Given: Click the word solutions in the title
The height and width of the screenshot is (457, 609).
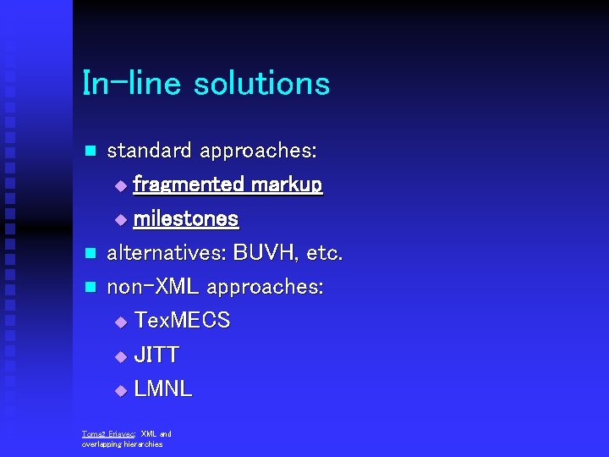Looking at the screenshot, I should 261,84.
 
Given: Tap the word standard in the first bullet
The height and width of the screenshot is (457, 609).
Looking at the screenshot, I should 150,151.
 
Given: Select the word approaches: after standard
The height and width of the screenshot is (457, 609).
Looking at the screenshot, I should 259,151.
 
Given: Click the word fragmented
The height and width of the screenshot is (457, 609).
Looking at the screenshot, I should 189,184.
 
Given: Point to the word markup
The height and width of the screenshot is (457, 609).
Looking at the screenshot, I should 287,184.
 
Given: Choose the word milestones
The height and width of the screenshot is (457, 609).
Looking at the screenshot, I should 186,219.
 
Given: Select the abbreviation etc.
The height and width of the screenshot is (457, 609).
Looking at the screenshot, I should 325,253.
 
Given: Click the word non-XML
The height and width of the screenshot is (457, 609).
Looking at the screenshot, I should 153,287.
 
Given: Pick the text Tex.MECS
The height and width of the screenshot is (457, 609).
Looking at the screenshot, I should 183,321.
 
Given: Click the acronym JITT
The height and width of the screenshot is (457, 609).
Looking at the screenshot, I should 156,355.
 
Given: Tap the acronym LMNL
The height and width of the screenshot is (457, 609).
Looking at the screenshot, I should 163,389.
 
